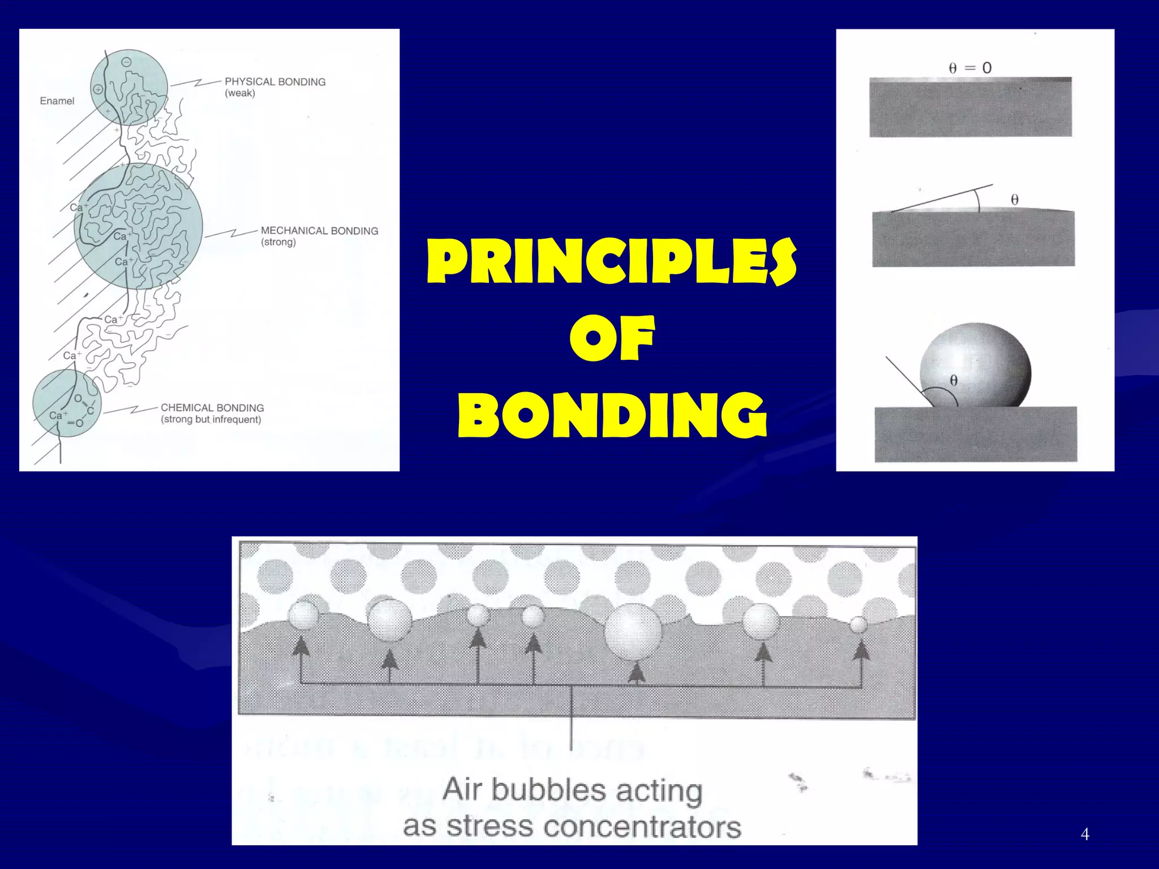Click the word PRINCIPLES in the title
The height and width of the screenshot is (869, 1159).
[611, 261]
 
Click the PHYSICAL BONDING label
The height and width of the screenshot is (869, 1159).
[275, 82]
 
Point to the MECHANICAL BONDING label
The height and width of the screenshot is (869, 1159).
[319, 231]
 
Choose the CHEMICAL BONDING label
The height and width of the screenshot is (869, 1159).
[212, 408]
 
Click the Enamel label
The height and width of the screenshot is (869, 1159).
[57, 101]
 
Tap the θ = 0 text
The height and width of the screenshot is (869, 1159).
[970, 68]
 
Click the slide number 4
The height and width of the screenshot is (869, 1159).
[1085, 834]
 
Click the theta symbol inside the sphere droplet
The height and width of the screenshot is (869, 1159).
[954, 381]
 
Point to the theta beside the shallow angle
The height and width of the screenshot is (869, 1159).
[1015, 200]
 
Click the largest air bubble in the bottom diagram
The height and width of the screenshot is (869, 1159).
[633, 631]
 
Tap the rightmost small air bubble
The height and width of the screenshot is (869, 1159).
[858, 625]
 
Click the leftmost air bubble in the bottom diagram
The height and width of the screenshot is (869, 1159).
[304, 616]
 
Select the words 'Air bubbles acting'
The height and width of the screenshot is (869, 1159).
[572, 790]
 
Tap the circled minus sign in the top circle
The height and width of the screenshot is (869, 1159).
[127, 62]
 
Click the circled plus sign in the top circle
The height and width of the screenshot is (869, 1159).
[98, 89]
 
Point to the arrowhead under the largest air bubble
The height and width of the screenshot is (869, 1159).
[637, 673]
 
